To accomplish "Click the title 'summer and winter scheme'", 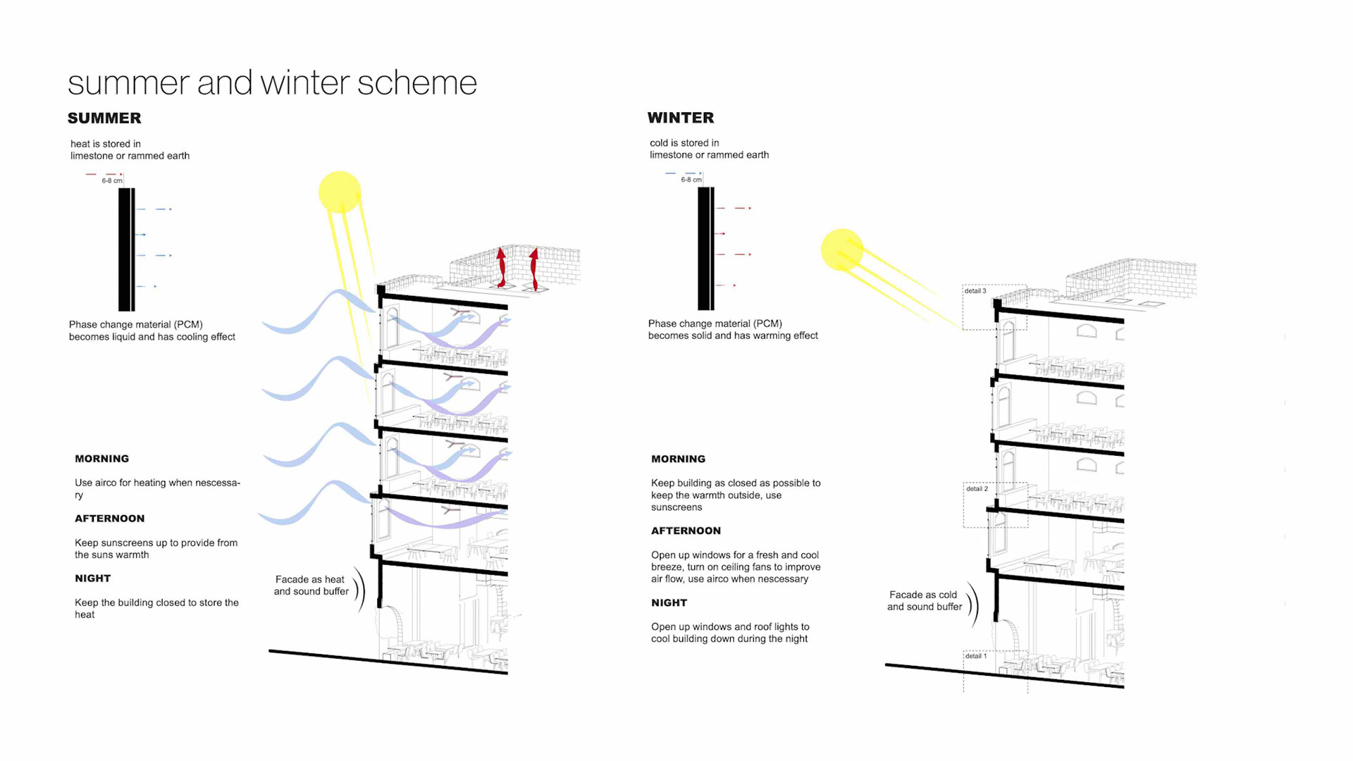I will [272, 83].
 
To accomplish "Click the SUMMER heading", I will [104, 118].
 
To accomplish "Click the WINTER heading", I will [681, 118].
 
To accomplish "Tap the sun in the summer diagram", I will [340, 192].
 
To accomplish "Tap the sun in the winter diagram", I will [841, 249].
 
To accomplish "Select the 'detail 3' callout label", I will [976, 291].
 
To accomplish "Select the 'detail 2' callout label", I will [977, 489].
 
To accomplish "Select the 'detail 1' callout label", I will [976, 656].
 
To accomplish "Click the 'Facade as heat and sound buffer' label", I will [311, 586].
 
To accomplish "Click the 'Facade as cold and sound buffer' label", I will [924, 601].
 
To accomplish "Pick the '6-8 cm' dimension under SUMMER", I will [111, 181].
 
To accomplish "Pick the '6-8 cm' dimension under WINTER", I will [691, 180].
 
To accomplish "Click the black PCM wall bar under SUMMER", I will [126, 249].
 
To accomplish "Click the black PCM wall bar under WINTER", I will [705, 249].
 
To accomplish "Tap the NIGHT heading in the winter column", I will [669, 603].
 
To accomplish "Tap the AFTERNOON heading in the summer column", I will [109, 519].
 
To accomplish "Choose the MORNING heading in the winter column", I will [678, 459].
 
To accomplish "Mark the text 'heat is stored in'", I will [106, 144].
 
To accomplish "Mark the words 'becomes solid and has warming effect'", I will [733, 336].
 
